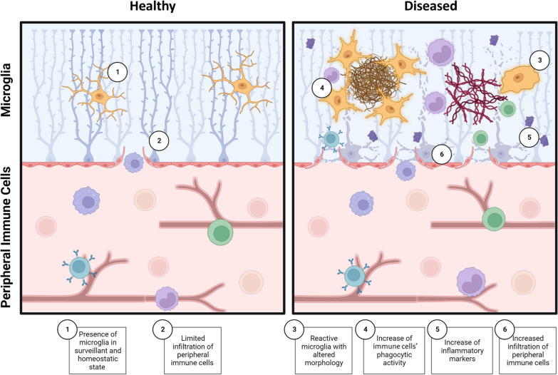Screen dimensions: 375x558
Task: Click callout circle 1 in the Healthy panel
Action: coord(118,71)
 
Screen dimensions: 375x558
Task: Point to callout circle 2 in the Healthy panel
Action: coord(160,141)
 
